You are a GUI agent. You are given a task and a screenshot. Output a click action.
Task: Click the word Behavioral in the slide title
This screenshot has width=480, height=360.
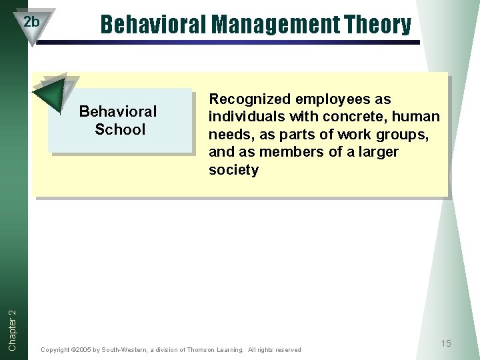pos(153,25)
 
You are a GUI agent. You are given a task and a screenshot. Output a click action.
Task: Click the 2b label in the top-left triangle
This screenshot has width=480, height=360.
pos(31,22)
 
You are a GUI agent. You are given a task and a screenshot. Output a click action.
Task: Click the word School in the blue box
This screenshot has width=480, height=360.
pos(119,129)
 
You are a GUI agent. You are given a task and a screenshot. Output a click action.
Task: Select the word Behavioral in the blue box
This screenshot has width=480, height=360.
pos(118,111)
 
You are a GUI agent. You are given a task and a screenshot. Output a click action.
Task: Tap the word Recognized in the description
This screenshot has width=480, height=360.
pos(251,99)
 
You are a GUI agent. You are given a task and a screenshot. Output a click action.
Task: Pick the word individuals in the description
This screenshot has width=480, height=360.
pos(245,117)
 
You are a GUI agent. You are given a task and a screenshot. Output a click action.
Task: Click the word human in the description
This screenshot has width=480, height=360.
pos(417,117)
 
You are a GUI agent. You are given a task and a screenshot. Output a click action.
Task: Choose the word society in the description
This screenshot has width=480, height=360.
pos(233,170)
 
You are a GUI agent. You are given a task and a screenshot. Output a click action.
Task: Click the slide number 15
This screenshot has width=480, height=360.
pos(445,343)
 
